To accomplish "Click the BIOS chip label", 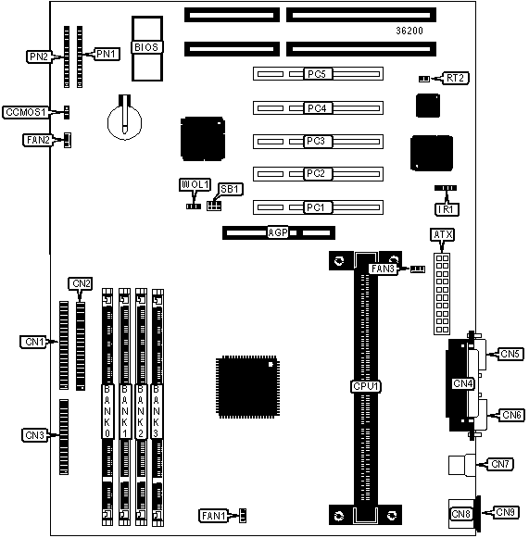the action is pyautogui.click(x=146, y=47).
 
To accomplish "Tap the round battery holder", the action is pyautogui.click(x=124, y=121).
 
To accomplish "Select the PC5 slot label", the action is pyautogui.click(x=318, y=74).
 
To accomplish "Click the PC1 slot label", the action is pyautogui.click(x=318, y=207).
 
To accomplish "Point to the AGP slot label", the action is pyautogui.click(x=277, y=232).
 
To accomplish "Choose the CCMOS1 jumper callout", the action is pyautogui.click(x=25, y=112).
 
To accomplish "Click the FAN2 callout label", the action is pyautogui.click(x=38, y=140).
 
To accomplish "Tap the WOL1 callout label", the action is pyautogui.click(x=195, y=184).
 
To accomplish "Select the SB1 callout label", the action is pyautogui.click(x=231, y=189).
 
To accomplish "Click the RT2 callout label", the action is pyautogui.click(x=456, y=78).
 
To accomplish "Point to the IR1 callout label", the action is pyautogui.click(x=447, y=209).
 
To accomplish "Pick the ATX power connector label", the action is pyautogui.click(x=443, y=234).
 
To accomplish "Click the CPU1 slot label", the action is pyautogui.click(x=366, y=386).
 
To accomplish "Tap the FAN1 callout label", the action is pyautogui.click(x=213, y=516).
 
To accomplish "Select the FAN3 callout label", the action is pyautogui.click(x=384, y=269).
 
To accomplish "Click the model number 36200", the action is pyautogui.click(x=409, y=31).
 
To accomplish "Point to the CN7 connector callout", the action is pyautogui.click(x=500, y=464).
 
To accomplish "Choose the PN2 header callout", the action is pyautogui.click(x=39, y=56).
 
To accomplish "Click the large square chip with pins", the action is pyautogui.click(x=247, y=387).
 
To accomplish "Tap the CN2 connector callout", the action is pyautogui.click(x=81, y=283).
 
